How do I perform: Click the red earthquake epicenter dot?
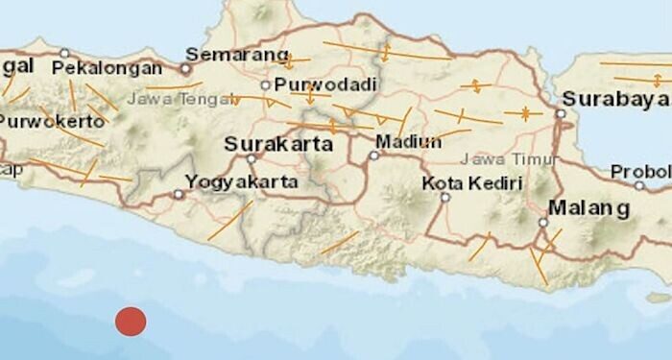click(131, 321)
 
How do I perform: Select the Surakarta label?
click(277, 144)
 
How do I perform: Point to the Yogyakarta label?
click(241, 180)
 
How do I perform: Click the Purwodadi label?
click(317, 84)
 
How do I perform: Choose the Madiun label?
click(408, 141)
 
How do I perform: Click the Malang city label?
click(588, 207)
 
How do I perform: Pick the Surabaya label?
click(614, 98)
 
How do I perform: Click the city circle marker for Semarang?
click(185, 69)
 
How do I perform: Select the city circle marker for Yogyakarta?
click(179, 194)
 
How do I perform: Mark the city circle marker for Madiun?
click(373, 154)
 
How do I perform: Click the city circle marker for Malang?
click(542, 223)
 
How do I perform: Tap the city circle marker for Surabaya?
click(560, 113)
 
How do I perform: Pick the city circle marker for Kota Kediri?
click(444, 198)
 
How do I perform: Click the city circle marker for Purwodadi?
click(266, 84)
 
